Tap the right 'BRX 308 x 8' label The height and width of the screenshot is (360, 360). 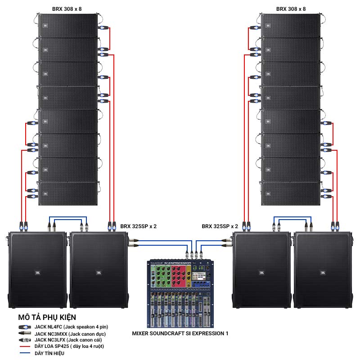point(290,9)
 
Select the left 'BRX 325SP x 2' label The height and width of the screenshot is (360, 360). point(139,226)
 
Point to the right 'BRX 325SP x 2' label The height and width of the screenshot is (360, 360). point(220,226)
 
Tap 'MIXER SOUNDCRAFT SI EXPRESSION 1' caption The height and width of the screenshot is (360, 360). point(180,333)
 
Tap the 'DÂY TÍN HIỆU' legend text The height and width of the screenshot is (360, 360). point(49,353)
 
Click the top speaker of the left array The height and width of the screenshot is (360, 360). point(68,26)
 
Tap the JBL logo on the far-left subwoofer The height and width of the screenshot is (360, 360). point(36,272)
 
